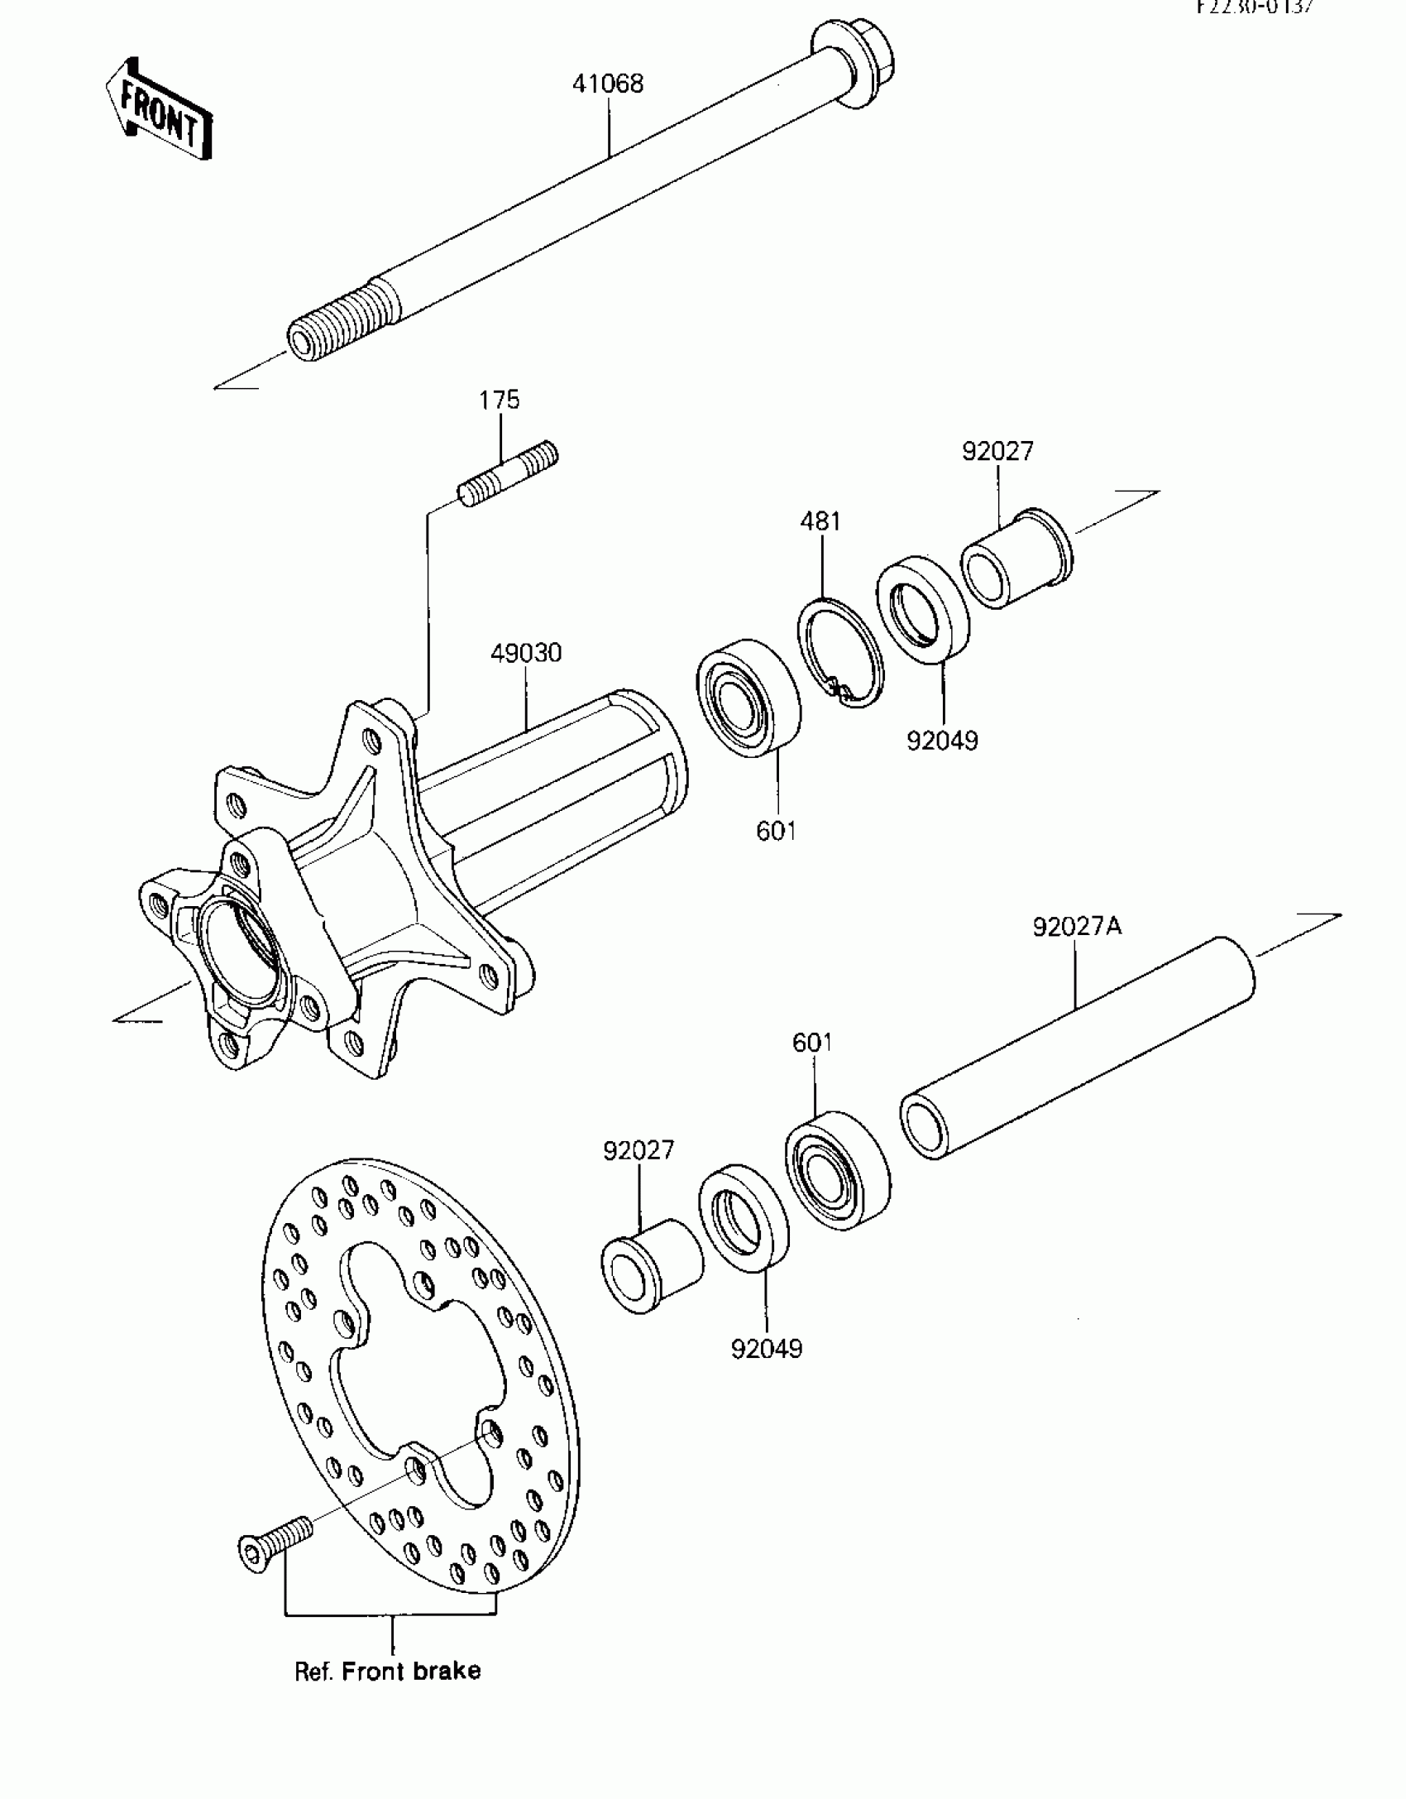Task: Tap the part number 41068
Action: [x=608, y=84]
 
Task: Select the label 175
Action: [x=500, y=400]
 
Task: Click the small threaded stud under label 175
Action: [x=508, y=475]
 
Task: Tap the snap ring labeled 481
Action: [x=840, y=652]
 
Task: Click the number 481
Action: [x=820, y=521]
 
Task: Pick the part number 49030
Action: [x=526, y=653]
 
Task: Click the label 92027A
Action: [x=1077, y=926]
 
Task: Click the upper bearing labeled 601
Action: [x=748, y=698]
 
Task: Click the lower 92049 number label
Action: [x=766, y=1349]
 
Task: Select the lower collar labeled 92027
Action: [x=650, y=1265]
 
